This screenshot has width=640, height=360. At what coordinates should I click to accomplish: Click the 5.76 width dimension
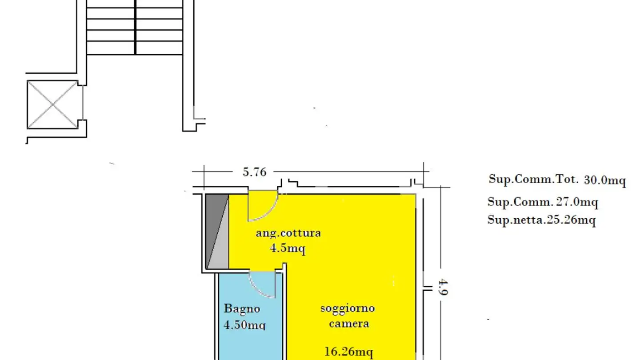click(x=254, y=172)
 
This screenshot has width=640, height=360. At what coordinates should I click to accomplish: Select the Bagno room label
click(x=242, y=308)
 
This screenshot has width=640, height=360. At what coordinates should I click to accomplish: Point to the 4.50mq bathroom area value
click(x=244, y=324)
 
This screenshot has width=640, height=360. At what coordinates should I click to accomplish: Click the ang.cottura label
click(x=288, y=233)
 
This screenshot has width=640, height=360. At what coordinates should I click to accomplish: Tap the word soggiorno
click(x=348, y=308)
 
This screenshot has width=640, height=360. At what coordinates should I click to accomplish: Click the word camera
click(x=348, y=323)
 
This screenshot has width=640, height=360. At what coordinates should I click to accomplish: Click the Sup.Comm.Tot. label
click(x=533, y=180)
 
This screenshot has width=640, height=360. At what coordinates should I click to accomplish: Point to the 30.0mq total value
click(x=605, y=180)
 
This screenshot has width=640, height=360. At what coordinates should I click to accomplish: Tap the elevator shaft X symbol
click(x=52, y=104)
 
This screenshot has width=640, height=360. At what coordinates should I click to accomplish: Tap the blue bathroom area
click(x=249, y=342)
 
